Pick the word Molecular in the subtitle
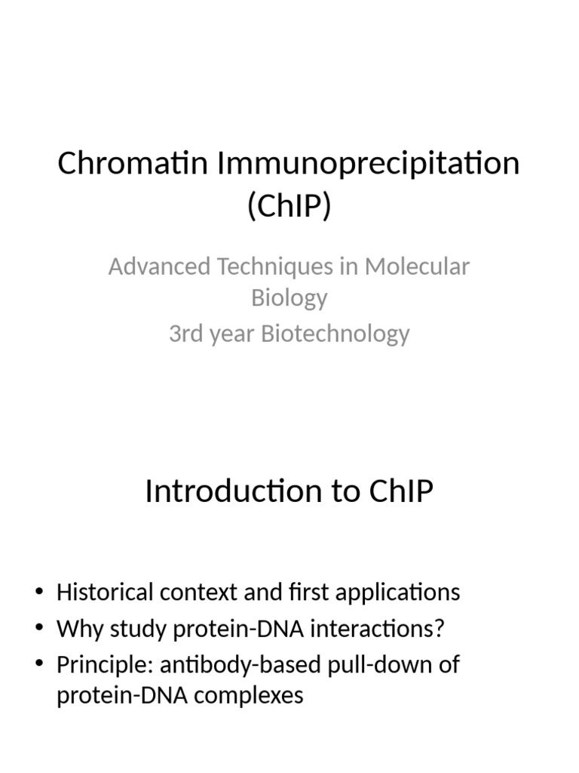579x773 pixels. click(417, 266)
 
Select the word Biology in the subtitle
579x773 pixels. click(289, 297)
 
